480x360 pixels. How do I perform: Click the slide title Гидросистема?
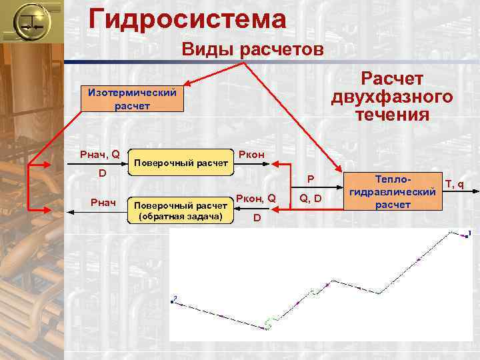tap(187, 18)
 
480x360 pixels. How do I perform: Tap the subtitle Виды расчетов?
tap(253, 50)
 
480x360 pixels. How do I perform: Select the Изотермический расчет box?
tap(128, 99)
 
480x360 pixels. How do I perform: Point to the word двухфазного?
tap(392, 97)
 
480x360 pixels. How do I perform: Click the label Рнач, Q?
tap(99, 155)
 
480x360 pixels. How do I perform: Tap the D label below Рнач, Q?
tap(102, 174)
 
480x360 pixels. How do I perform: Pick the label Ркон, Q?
tap(256, 198)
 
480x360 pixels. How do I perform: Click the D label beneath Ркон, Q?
tap(257, 218)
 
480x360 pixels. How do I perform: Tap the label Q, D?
tap(311, 198)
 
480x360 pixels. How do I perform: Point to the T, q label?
tap(455, 185)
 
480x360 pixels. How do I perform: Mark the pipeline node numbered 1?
tap(468, 233)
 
